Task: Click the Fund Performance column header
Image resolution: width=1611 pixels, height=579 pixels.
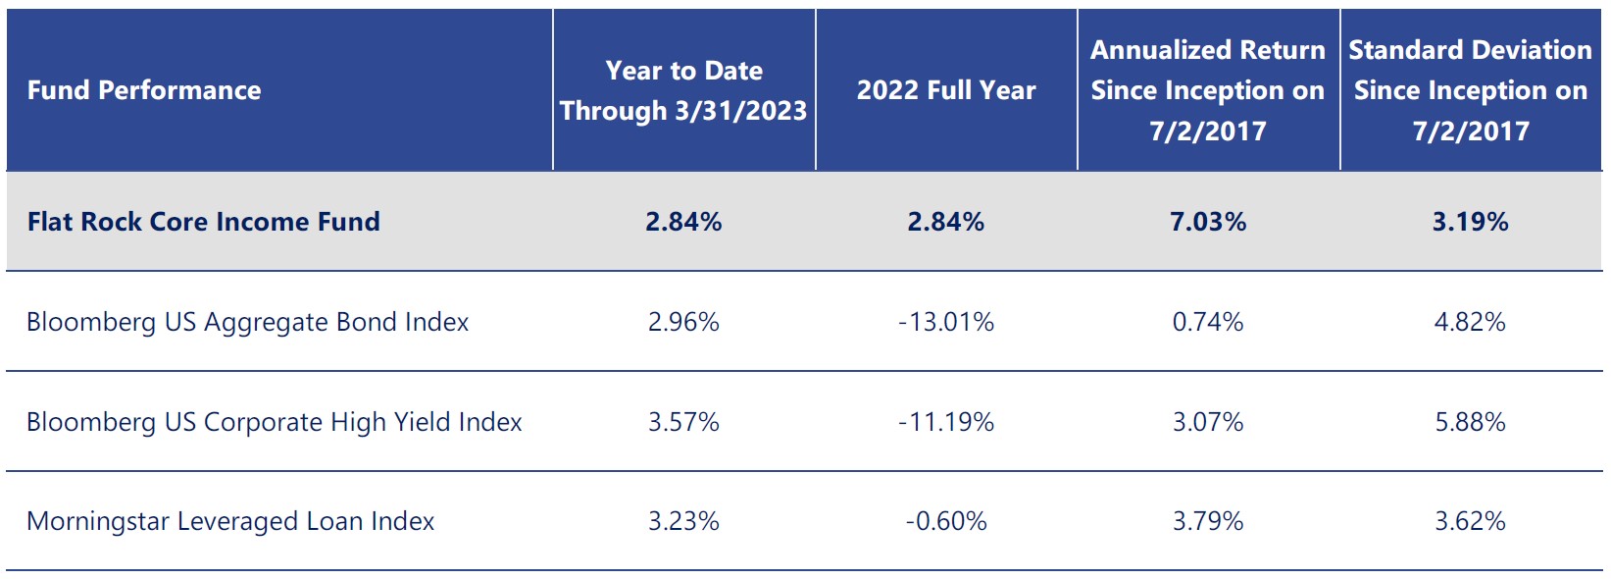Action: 144,90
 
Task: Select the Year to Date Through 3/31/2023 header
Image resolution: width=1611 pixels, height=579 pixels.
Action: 683,90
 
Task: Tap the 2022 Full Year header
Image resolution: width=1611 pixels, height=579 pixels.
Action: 946,90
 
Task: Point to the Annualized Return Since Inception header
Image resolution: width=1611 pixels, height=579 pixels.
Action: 1208,90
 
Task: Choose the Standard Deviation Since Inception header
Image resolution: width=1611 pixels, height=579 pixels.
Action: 1470,90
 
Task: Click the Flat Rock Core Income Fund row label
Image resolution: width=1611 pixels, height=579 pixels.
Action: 203,222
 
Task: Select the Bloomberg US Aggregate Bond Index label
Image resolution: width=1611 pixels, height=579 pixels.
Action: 247,322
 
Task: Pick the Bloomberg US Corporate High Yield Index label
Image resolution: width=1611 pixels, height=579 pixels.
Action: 274,422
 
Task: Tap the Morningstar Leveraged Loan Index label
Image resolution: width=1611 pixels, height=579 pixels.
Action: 230,521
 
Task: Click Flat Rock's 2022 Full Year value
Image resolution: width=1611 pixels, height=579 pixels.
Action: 946,222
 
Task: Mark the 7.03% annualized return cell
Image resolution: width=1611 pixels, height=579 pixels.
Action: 1208,222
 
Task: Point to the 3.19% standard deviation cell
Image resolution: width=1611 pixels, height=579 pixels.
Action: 1470,222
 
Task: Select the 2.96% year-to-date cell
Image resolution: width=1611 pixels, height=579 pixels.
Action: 683,322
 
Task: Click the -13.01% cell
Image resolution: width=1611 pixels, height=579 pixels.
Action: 946,322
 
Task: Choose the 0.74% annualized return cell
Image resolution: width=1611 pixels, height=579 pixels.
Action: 1208,322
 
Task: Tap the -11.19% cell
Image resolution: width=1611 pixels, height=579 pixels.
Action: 946,422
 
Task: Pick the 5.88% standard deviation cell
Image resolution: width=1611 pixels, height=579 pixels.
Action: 1470,422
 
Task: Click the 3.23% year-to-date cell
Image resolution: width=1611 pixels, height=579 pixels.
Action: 683,521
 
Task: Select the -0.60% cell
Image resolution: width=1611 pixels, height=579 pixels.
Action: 946,521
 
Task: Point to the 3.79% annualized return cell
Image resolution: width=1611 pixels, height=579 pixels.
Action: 1208,521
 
